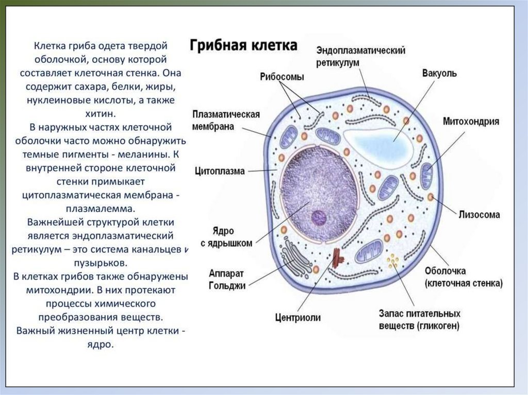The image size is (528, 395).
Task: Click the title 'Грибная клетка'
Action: pos(243,46)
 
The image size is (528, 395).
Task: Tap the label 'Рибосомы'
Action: pos(282,77)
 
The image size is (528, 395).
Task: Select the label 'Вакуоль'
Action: pos(439,73)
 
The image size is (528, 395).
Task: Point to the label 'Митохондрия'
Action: pos(471,122)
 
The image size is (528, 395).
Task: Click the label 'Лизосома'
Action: pos(479,214)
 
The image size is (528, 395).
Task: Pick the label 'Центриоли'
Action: pos(298,317)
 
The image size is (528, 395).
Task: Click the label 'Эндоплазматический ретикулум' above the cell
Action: pos(360,56)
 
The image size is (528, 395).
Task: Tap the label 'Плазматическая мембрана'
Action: pos(226,120)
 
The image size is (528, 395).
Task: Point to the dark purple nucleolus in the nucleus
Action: pos(319,218)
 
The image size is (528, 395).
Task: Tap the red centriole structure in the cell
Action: pos(338,257)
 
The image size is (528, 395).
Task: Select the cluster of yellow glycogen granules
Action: pos(393,261)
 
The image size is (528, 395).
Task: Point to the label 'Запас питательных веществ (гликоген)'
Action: pos(419,319)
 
